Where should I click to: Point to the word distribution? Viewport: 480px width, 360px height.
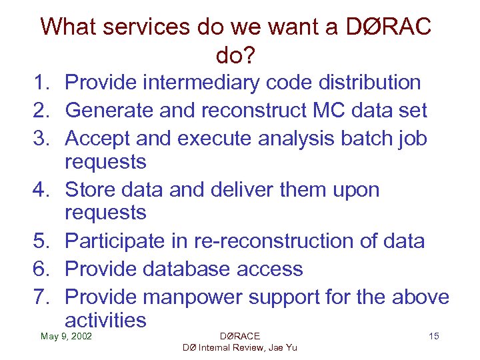coord(357,83)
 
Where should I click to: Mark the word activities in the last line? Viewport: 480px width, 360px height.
coord(105,320)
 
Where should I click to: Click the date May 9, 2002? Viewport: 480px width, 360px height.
coord(66,336)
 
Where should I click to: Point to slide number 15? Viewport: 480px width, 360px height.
coord(433,336)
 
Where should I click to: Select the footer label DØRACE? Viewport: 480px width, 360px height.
coord(239,336)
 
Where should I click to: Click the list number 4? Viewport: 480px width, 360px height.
coord(43,190)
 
